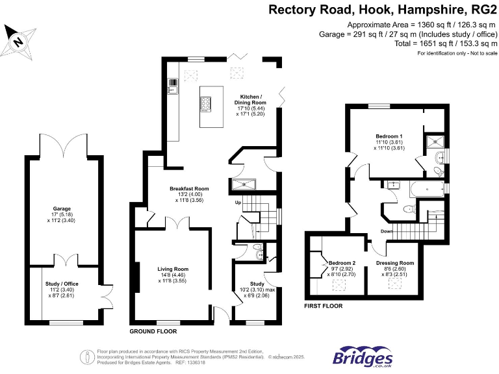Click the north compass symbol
(x=19, y=41)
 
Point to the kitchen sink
(x=173, y=83)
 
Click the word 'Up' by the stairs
(x=238, y=203)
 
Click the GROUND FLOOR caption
(x=153, y=331)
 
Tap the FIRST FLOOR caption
(x=324, y=305)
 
